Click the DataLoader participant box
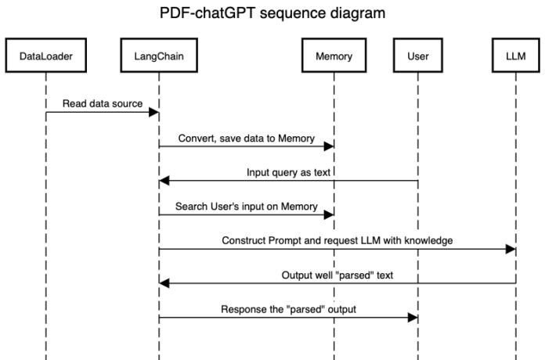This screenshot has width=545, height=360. tap(45, 57)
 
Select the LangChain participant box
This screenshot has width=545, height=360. tap(159, 57)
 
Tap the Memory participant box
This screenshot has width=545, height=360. tap(334, 57)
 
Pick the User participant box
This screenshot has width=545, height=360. tap(417, 57)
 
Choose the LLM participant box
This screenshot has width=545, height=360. tap(516, 57)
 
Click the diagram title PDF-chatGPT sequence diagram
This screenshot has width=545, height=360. tap(272, 13)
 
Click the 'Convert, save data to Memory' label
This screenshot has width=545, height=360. tap(246, 139)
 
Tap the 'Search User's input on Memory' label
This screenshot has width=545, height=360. tap(246, 207)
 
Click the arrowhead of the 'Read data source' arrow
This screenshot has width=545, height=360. tap(154, 113)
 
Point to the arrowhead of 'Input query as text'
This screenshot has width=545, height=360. tap(164, 181)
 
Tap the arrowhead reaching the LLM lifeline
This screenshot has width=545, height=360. tap(511, 249)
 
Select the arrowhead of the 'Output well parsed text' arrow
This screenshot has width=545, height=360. tap(164, 283)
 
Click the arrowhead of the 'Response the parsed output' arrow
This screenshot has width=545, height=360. tap(413, 317)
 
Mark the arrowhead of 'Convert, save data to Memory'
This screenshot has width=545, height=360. tap(329, 147)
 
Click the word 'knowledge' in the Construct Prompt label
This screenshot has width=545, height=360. tap(429, 240)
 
